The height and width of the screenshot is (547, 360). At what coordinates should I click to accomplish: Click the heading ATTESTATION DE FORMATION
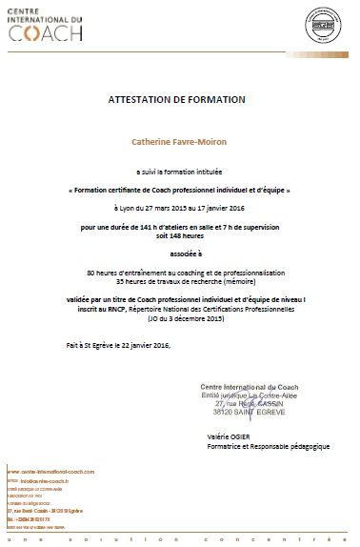click(177, 99)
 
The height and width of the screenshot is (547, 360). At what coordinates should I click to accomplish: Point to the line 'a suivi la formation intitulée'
click(177, 176)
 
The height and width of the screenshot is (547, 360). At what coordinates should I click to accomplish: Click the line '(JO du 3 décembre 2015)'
click(177, 317)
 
